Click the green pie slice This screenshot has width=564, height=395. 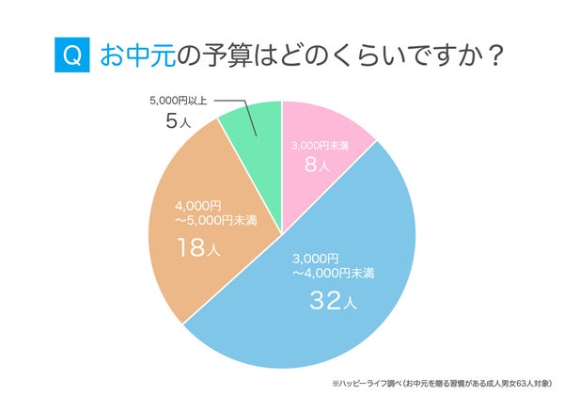pyautogui.click(x=255, y=132)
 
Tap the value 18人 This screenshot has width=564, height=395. pyautogui.click(x=196, y=247)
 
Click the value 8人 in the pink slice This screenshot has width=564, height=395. pyautogui.click(x=318, y=166)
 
